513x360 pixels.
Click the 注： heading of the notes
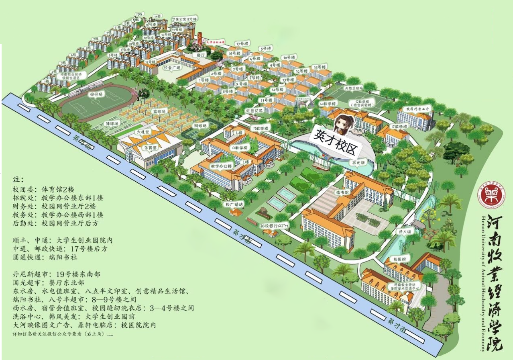18,179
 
